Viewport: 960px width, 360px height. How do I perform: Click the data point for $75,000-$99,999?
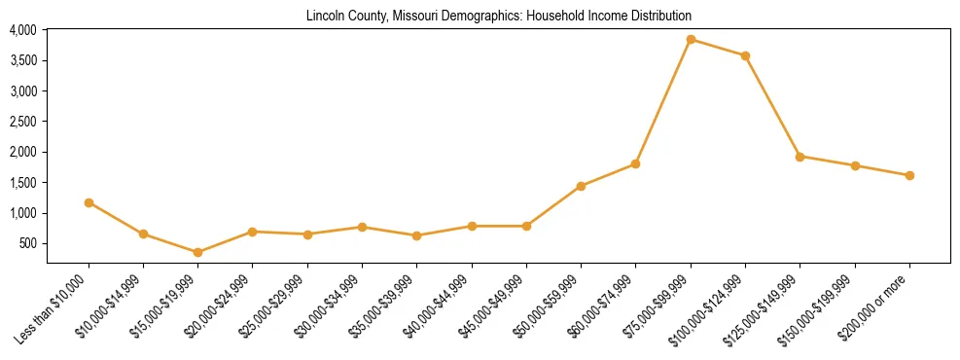tap(691, 40)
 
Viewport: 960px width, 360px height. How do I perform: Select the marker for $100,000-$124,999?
tap(745, 55)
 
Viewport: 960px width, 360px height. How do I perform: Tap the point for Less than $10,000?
tap(89, 202)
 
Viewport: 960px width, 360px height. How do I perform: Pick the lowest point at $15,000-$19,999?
tap(197, 252)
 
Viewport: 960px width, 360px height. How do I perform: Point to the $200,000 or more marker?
tap(909, 175)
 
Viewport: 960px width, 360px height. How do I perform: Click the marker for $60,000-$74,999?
tap(635, 163)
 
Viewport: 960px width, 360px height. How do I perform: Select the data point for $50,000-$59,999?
tap(581, 186)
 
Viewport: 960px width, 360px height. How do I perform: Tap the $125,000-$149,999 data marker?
tap(800, 157)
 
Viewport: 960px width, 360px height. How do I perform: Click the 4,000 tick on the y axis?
tap(22, 30)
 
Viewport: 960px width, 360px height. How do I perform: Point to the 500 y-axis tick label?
tap(27, 243)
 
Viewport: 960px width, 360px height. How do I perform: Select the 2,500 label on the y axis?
tap(22, 122)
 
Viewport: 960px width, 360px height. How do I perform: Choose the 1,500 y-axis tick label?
tap(22, 182)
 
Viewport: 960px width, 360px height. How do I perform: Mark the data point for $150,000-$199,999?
tap(855, 165)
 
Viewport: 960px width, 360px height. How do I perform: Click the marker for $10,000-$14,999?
tap(143, 234)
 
